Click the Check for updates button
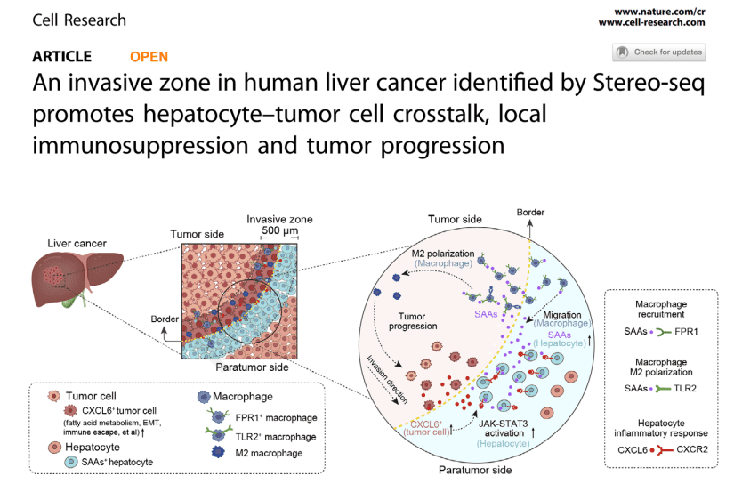658,52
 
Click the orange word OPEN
149,57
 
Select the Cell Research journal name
79,20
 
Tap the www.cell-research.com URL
651,22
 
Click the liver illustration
77,279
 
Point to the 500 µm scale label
279,230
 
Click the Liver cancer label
77,244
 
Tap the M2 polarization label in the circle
443,254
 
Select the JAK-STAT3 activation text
504,428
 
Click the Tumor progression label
413,321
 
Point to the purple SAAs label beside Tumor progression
486,314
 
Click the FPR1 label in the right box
686,331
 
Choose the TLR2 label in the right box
685,388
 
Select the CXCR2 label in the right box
692,449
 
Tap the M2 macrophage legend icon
218,452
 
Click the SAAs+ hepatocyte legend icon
70,462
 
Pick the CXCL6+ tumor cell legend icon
70,410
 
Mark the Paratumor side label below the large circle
475,470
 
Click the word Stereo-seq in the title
649,84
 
